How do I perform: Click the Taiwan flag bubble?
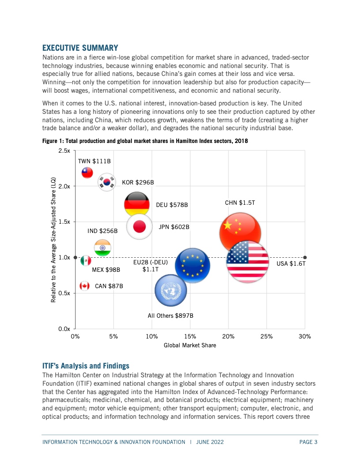click(87, 173)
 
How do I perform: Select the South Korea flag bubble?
click(107, 182)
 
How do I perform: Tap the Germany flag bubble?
click(137, 204)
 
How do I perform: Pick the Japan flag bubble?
click(139, 226)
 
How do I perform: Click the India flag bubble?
click(102, 248)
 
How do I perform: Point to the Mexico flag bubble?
click(86, 261)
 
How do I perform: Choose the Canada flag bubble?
click(85, 286)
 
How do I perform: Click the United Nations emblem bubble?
click(171, 290)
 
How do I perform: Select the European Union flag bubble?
click(192, 265)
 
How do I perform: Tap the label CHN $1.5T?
click(240, 203)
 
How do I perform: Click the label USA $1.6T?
click(291, 263)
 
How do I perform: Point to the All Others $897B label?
click(170, 316)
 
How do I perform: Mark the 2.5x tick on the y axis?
click(74, 150)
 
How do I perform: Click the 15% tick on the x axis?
click(190, 330)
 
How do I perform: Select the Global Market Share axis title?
click(190, 346)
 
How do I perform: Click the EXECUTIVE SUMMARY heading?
click(80, 48)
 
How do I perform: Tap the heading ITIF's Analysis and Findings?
click(86, 366)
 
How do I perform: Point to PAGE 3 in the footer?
click(308, 442)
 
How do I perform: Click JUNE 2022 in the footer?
click(210, 442)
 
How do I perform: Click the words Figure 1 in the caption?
click(52, 141)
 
